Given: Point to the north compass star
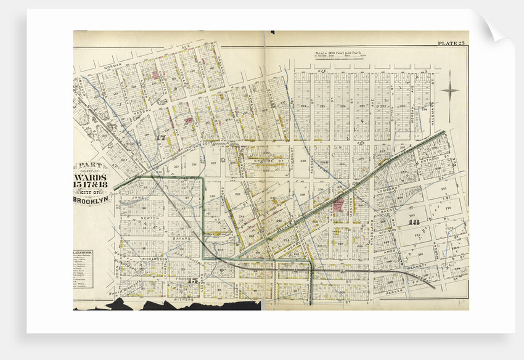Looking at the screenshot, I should (449, 90).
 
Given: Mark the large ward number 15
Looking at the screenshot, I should (193, 281).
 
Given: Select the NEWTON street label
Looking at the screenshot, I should (150, 218).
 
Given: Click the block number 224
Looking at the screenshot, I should (303, 105).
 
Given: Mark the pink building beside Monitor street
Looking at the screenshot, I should (338, 210).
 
